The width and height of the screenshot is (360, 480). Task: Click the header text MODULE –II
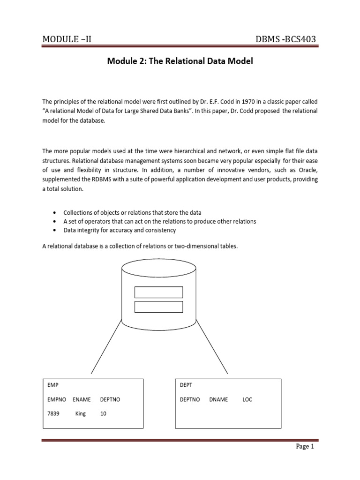click(x=67, y=39)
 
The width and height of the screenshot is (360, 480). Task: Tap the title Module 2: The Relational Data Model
click(x=180, y=61)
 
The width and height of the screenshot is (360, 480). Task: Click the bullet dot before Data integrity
click(x=55, y=230)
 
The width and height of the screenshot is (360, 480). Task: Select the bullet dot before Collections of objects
click(x=55, y=212)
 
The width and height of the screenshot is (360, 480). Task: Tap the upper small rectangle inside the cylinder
click(x=158, y=292)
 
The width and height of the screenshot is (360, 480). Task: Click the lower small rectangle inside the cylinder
click(x=158, y=307)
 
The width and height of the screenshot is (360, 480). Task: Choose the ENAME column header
click(x=82, y=399)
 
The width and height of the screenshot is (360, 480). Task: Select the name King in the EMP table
click(x=81, y=414)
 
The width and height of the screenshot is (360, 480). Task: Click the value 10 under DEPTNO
click(x=104, y=414)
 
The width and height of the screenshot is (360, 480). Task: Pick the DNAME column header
click(x=218, y=399)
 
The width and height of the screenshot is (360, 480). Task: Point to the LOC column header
click(x=247, y=399)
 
